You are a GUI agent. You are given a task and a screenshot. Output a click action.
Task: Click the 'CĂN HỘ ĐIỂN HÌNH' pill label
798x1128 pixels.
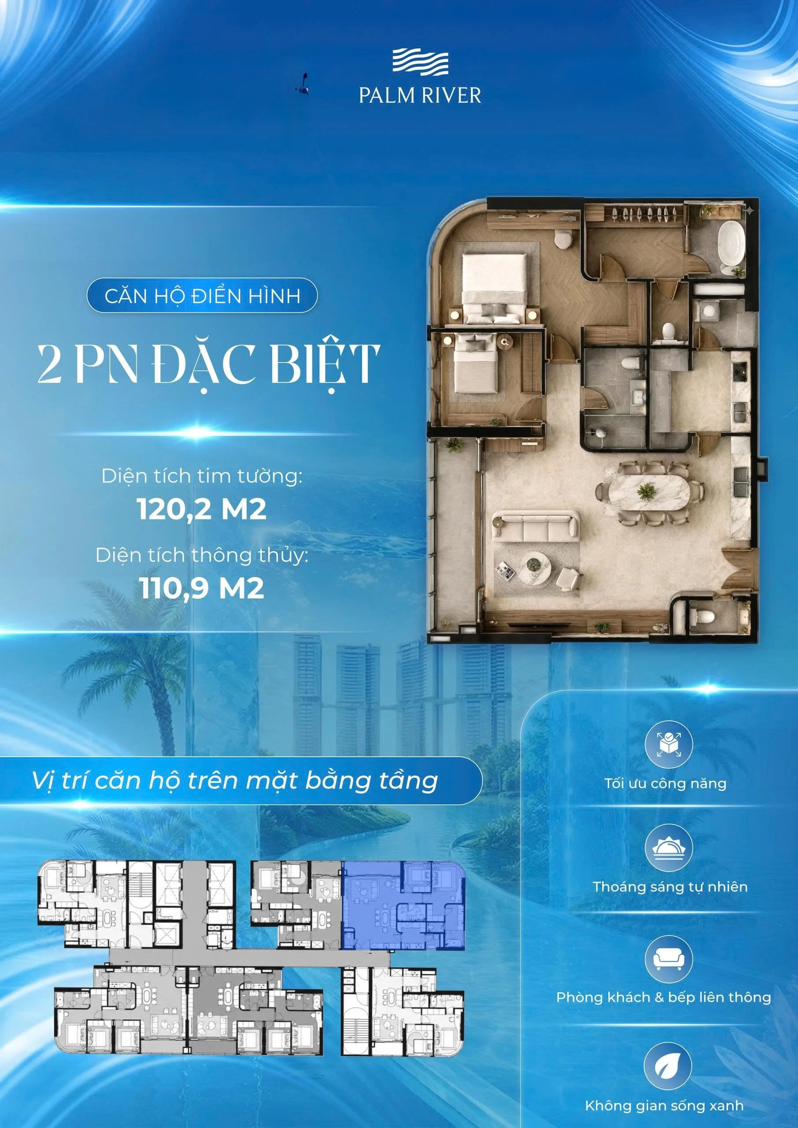coord(202,296)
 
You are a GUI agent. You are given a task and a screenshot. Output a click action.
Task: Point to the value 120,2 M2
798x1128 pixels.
coord(202,509)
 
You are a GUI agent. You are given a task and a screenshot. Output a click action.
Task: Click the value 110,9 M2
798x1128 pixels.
coord(202,588)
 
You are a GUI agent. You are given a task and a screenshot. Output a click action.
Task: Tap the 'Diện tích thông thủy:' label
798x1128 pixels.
coord(202,555)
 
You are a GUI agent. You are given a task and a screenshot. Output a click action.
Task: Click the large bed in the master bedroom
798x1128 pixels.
coord(494,288)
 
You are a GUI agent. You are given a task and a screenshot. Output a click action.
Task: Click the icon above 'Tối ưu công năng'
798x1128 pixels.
coord(667,744)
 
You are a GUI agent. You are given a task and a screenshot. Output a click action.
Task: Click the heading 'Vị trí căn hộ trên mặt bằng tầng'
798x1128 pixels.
coord(234,781)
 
